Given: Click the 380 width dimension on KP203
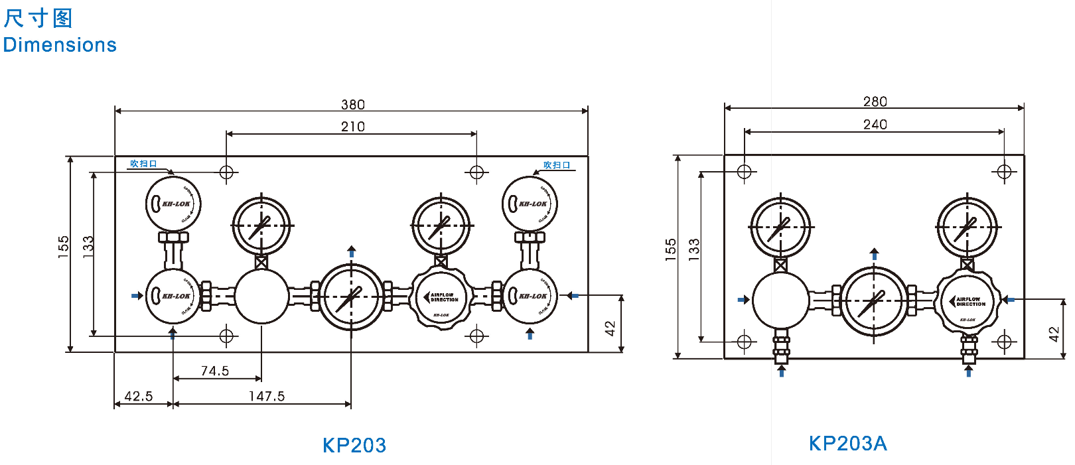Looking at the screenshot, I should [352, 105].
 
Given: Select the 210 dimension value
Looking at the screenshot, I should [352, 127].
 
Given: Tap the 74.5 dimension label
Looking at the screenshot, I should [215, 371].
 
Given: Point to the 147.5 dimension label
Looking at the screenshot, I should [267, 396].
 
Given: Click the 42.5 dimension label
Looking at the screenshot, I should [139, 396].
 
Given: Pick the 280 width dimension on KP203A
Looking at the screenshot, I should [875, 101].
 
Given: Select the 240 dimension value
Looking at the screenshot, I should [875, 124].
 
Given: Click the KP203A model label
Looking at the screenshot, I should [847, 443].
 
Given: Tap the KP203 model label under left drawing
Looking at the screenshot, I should [354, 445].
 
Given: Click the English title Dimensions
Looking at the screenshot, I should [60, 44].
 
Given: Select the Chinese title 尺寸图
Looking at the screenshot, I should [38, 18].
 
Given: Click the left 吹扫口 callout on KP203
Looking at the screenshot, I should [143, 164].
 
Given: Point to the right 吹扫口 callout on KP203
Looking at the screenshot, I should [557, 165].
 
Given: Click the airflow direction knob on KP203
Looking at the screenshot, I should [442, 298].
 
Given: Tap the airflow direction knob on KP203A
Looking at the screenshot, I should [968, 302].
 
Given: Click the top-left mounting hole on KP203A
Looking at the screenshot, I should [745, 172].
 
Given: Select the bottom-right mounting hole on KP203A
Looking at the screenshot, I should [1004, 342].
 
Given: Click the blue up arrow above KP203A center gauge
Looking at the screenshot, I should [874, 254].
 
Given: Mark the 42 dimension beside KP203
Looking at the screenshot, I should [610, 328].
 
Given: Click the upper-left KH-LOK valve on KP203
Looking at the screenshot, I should [173, 204].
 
